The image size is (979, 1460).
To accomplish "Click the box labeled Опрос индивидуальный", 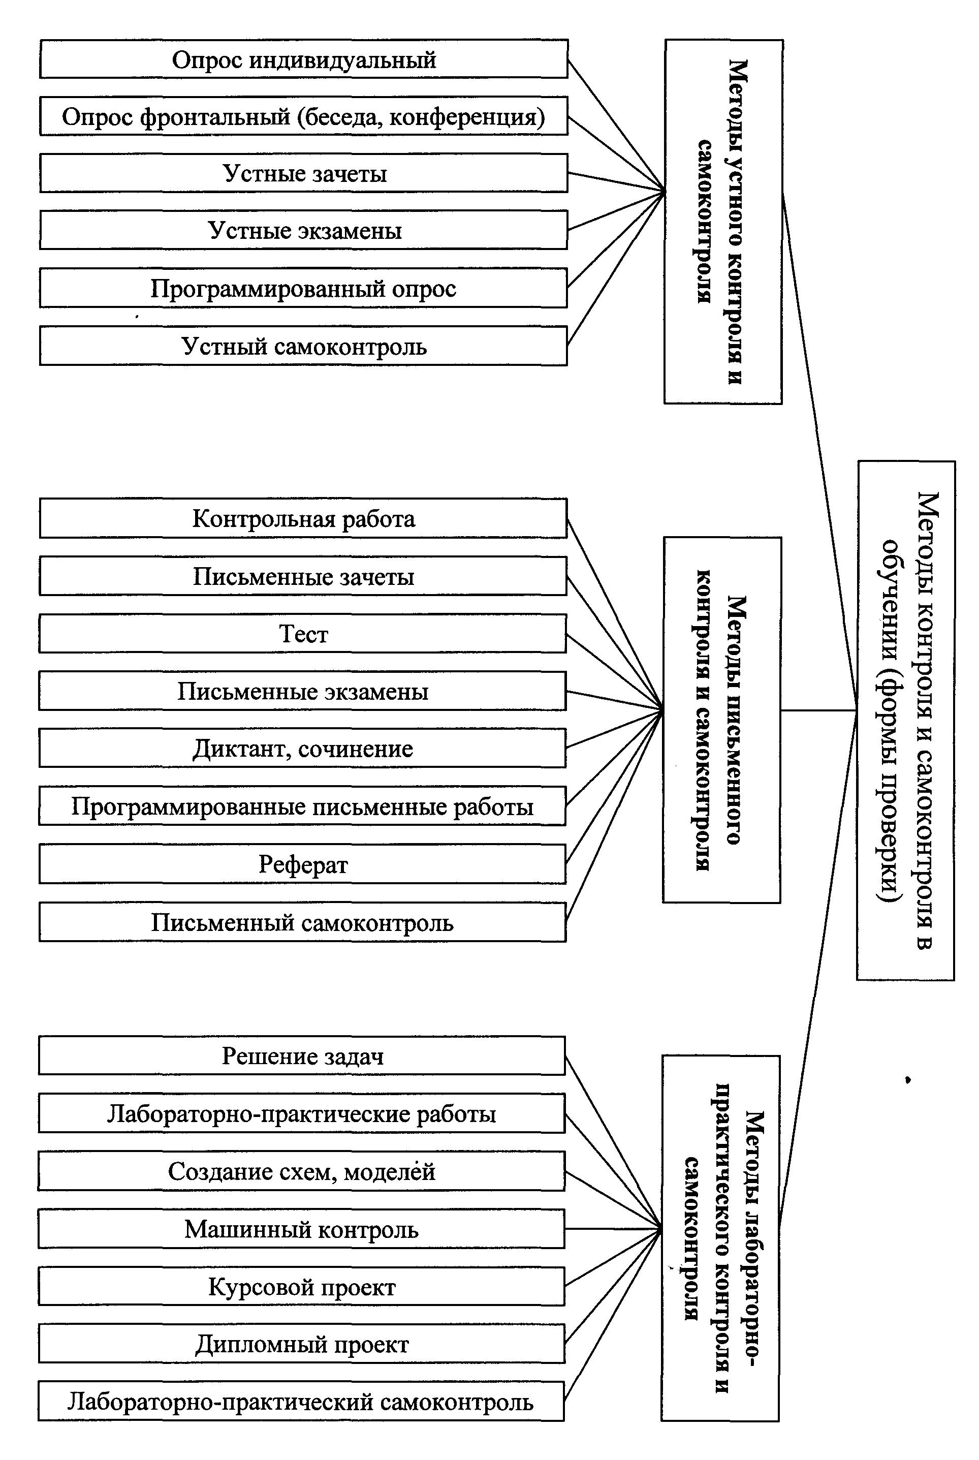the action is click(x=304, y=59).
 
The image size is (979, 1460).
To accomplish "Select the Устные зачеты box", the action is click(x=304, y=173).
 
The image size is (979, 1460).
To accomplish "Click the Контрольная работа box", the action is click(x=303, y=518).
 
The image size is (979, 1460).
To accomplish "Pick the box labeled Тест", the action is click(x=303, y=633).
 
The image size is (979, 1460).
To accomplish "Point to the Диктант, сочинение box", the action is click(x=303, y=748).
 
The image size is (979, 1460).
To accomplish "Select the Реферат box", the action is click(x=303, y=864).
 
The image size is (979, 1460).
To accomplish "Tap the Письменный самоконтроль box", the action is click(x=303, y=922).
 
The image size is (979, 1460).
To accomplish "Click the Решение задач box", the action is click(x=302, y=1056).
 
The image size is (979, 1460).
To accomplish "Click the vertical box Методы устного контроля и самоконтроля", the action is click(x=723, y=222).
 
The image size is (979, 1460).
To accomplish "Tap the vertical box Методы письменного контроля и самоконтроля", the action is click(x=722, y=720).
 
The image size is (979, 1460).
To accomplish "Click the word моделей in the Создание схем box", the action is click(x=390, y=1171).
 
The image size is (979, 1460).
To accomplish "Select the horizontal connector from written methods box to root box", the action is click(x=818, y=710).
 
